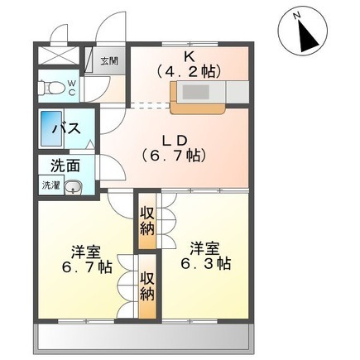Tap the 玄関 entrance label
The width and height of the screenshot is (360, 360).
coord(109,60)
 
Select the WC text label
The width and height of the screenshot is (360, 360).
coord(72,87)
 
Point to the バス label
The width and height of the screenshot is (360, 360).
coord(65,128)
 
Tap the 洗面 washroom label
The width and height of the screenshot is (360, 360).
coord(64,166)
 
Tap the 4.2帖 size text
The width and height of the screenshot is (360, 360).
coord(190,71)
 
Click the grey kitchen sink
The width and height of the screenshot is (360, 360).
coord(195,93)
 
